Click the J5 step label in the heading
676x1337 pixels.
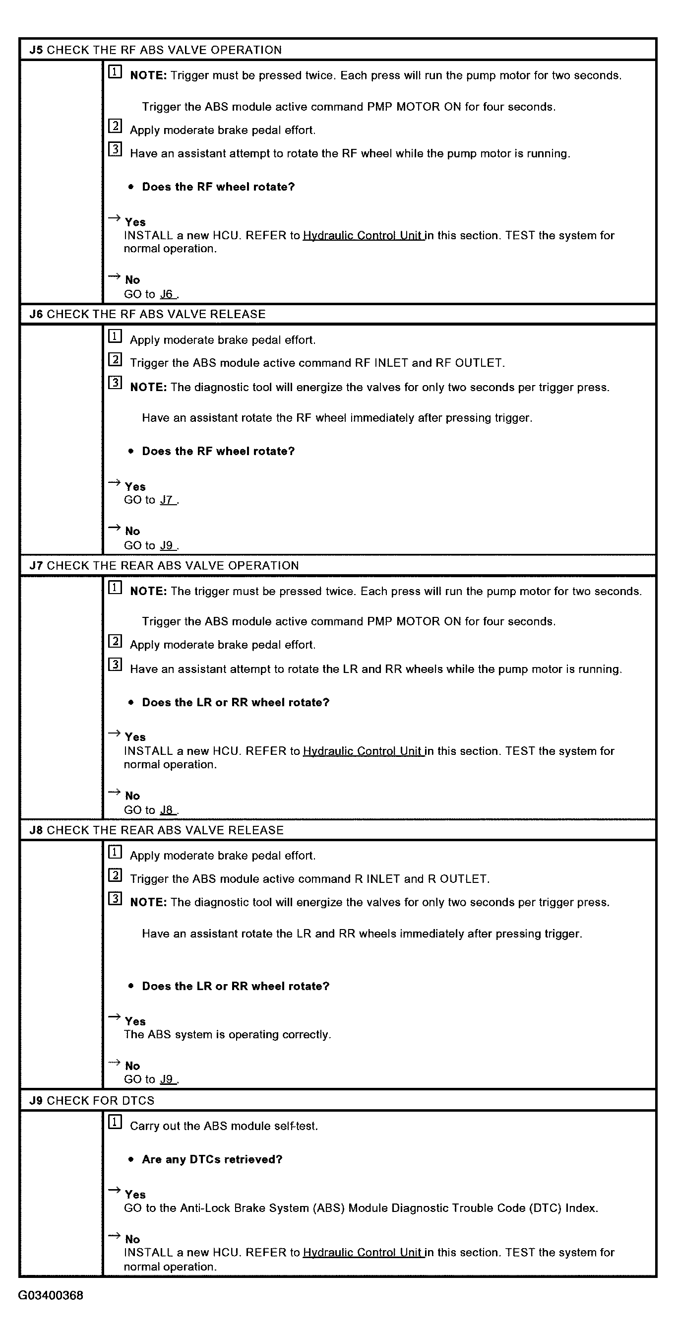pos(36,50)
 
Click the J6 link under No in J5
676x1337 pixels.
pos(167,294)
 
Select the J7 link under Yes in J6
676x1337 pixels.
pos(167,500)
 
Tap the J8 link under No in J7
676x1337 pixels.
pos(167,810)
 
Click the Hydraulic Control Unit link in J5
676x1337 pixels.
pos(363,236)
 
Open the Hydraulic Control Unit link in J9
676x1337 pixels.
pos(363,1253)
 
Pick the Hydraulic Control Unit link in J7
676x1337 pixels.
pos(363,751)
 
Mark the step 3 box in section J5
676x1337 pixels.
pos(115,150)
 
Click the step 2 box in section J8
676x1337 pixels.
pos(115,875)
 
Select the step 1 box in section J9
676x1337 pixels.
pos(115,1123)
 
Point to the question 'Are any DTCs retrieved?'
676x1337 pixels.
pos(212,1159)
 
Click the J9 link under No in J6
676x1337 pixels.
pos(167,545)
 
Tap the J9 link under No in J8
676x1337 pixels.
pos(167,1079)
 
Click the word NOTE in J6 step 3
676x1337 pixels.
pos(148,388)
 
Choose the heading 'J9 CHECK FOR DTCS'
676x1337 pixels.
pos(92,1101)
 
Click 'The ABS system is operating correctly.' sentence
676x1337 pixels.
pos(227,1034)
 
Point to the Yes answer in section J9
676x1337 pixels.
pos(135,1195)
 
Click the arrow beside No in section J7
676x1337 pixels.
pos(114,793)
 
